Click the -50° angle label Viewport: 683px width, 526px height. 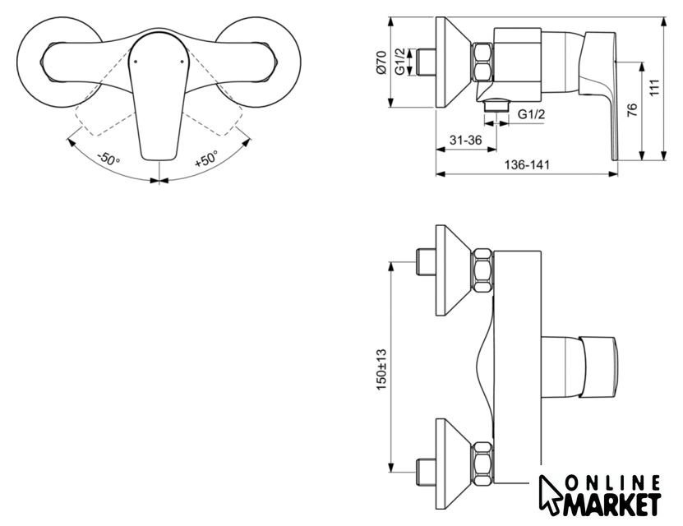(x=108, y=159)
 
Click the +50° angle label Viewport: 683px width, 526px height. (x=206, y=159)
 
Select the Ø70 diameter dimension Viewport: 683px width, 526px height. (x=381, y=62)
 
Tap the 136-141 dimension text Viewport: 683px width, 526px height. (x=527, y=165)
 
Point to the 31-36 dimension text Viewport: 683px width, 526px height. (x=466, y=141)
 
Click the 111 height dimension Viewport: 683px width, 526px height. (x=655, y=88)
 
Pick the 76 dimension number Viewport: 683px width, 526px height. (x=632, y=108)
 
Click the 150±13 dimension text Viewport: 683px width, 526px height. (x=381, y=369)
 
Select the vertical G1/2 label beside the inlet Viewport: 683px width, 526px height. (x=401, y=62)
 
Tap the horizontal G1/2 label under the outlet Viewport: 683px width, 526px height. (x=531, y=114)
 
